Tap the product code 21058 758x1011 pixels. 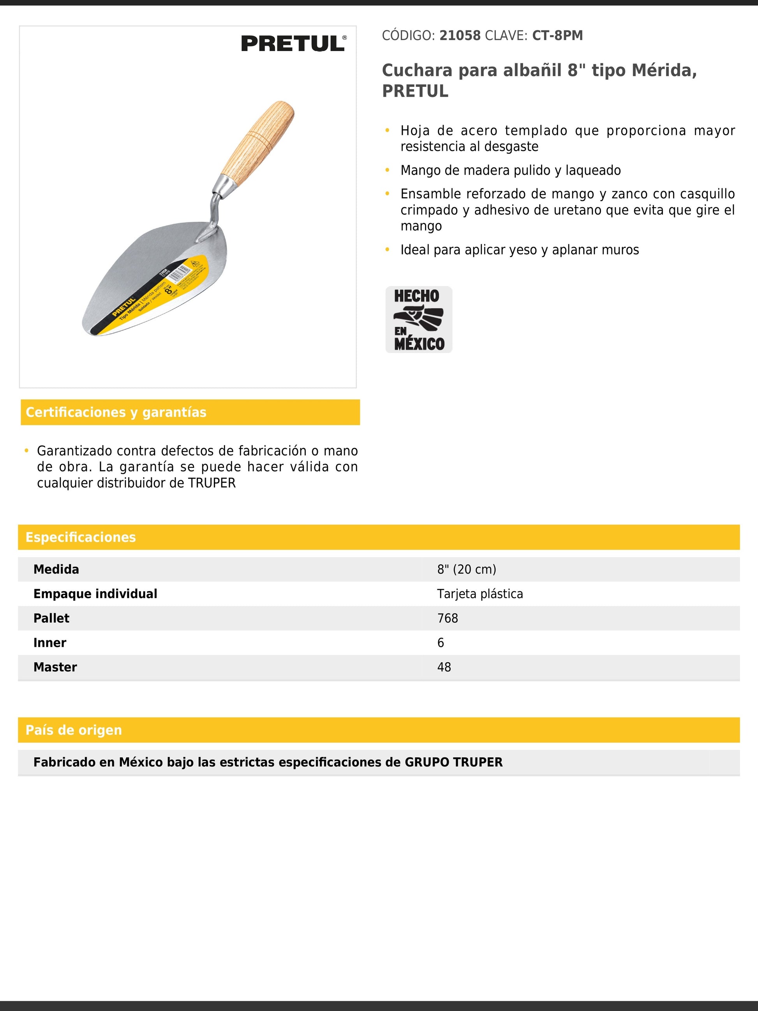click(460, 36)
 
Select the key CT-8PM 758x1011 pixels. click(557, 36)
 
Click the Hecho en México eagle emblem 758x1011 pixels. click(418, 319)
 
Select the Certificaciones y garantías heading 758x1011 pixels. click(116, 412)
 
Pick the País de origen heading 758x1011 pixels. click(74, 730)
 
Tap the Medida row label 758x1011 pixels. click(56, 570)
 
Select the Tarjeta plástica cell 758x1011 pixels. click(480, 594)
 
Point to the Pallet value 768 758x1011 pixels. click(447, 618)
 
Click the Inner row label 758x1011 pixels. click(50, 642)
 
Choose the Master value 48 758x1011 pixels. click(444, 667)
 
